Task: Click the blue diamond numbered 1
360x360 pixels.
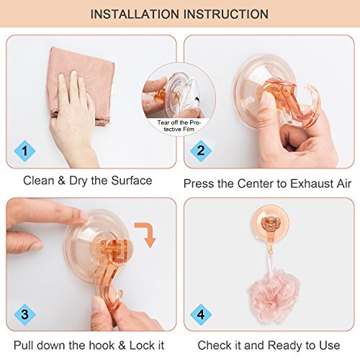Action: (24, 151)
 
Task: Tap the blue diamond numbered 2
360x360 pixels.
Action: (201, 150)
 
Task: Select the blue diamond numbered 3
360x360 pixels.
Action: (24, 315)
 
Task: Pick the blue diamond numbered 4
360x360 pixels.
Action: (201, 315)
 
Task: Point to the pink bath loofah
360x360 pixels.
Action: (274, 295)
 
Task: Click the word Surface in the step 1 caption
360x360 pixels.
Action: (132, 181)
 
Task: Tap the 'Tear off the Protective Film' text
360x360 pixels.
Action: (179, 126)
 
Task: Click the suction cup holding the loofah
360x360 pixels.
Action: (270, 223)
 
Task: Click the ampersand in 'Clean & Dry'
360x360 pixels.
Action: (62, 181)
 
